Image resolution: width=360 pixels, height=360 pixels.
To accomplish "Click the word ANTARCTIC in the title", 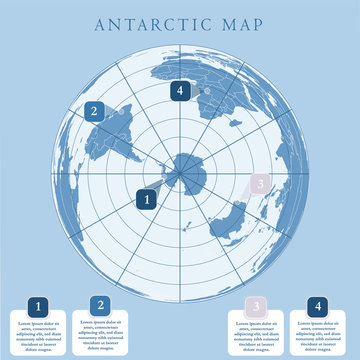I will click(150, 22).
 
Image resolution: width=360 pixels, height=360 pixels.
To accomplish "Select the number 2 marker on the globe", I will click(93, 112).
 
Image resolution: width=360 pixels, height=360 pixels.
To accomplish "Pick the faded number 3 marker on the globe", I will click(259, 183).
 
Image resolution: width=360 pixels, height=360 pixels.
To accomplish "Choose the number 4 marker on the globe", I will click(180, 91).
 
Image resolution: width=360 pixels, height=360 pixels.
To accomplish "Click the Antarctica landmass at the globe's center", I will click(186, 171).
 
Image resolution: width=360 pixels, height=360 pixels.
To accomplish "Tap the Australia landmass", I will click(231, 221).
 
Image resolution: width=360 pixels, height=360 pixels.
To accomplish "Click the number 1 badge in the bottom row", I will click(38, 306).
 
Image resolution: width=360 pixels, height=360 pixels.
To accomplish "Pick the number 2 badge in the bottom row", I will click(99, 305).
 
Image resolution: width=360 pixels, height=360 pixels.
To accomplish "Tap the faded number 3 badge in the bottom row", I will click(257, 306).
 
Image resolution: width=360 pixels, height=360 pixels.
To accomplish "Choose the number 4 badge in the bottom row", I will click(318, 306).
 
